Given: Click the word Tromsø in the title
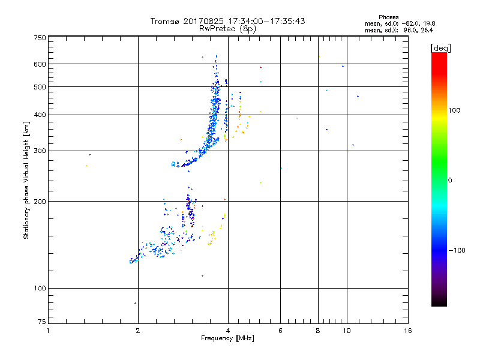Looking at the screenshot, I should [164, 21].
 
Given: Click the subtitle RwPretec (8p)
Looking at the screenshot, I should [228, 28].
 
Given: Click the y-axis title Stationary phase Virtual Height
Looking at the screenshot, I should [26, 181].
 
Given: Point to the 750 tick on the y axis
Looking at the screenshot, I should [40, 38].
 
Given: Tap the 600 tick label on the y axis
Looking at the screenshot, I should [40, 64].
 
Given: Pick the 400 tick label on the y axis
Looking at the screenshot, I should [40, 115].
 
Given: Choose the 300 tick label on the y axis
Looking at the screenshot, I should [40, 151].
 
